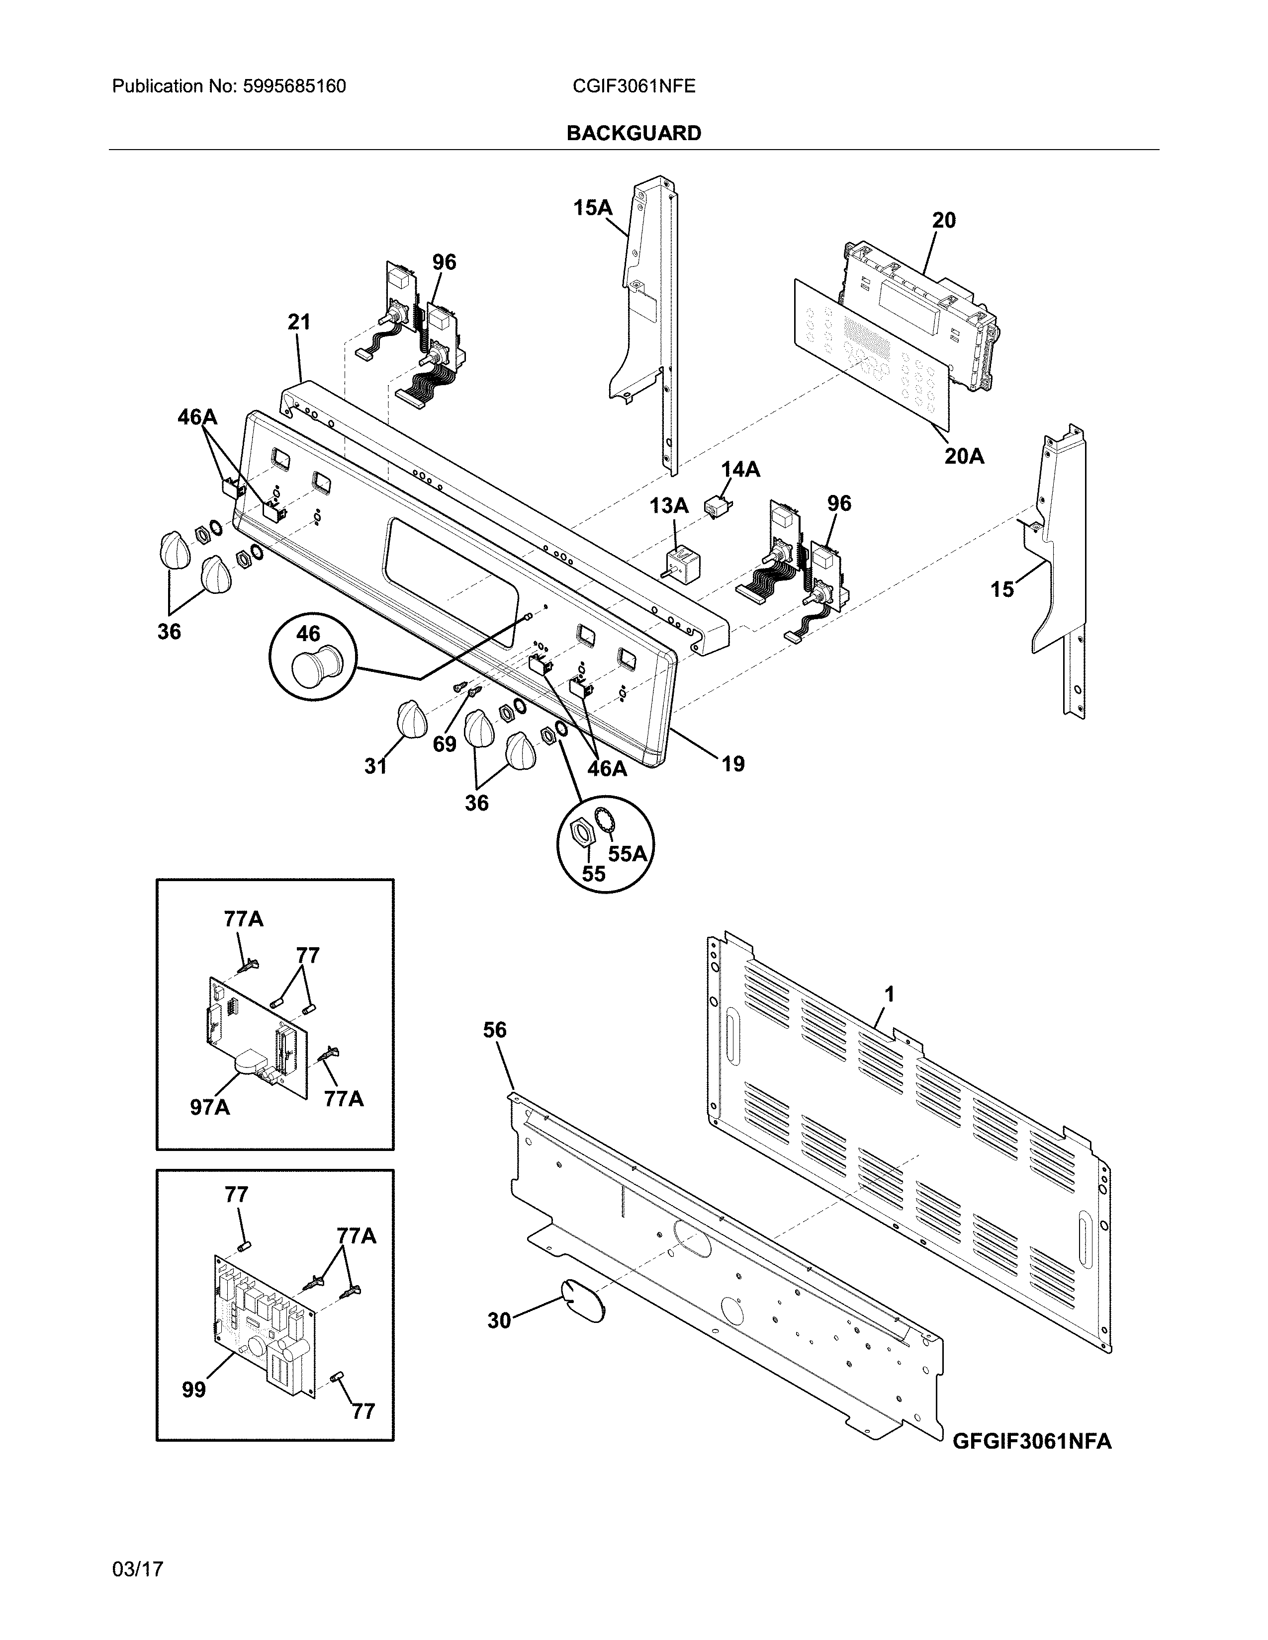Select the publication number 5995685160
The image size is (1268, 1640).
click(294, 86)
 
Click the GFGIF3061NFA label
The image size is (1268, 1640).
click(1031, 1441)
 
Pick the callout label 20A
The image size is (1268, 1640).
click(964, 456)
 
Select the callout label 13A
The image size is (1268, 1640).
click(668, 506)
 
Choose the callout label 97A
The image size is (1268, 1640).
click(209, 1106)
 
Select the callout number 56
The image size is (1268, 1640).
click(494, 1030)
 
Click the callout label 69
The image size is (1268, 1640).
click(444, 743)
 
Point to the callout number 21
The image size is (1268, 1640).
click(298, 322)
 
